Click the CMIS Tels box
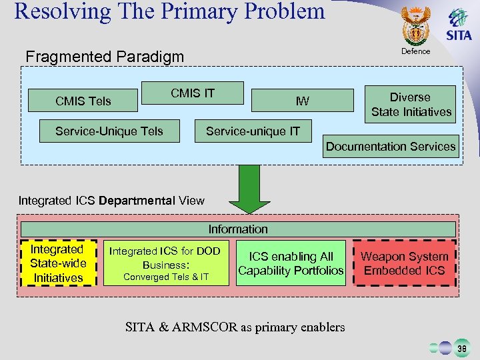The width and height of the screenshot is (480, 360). click(x=83, y=101)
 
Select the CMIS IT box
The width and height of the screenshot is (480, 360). click(x=193, y=93)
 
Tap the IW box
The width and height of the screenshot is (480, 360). click(x=302, y=101)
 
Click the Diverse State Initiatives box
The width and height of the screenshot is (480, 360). click(x=411, y=104)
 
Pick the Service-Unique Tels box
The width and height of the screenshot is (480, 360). click(x=109, y=131)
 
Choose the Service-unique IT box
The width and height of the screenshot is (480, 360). click(x=253, y=131)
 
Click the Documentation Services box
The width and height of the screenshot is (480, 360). click(x=391, y=147)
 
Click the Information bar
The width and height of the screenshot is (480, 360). click(x=238, y=229)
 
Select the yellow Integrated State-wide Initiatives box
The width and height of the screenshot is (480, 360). click(x=59, y=263)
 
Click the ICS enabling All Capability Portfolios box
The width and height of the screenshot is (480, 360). click(x=291, y=263)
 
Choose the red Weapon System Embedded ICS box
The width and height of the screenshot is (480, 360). click(x=405, y=263)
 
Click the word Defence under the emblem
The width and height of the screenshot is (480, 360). click(x=415, y=51)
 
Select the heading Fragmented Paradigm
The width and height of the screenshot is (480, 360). click(x=104, y=57)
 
